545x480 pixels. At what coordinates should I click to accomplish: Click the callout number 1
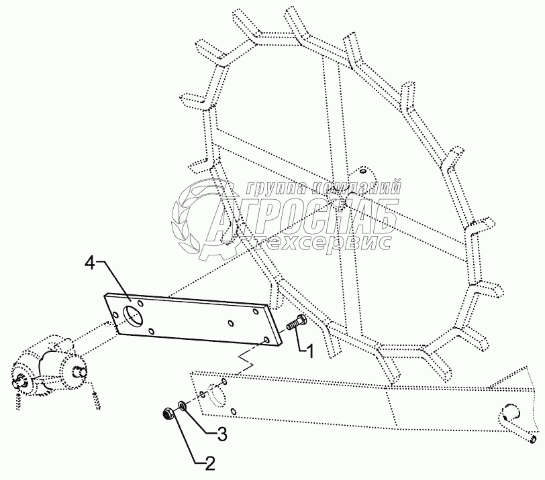click(x=309, y=350)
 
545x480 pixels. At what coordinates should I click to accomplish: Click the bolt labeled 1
click(x=295, y=324)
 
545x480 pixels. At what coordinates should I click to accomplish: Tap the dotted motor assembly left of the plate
click(x=50, y=372)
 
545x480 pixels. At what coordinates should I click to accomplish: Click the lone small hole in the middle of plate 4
click(x=231, y=324)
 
